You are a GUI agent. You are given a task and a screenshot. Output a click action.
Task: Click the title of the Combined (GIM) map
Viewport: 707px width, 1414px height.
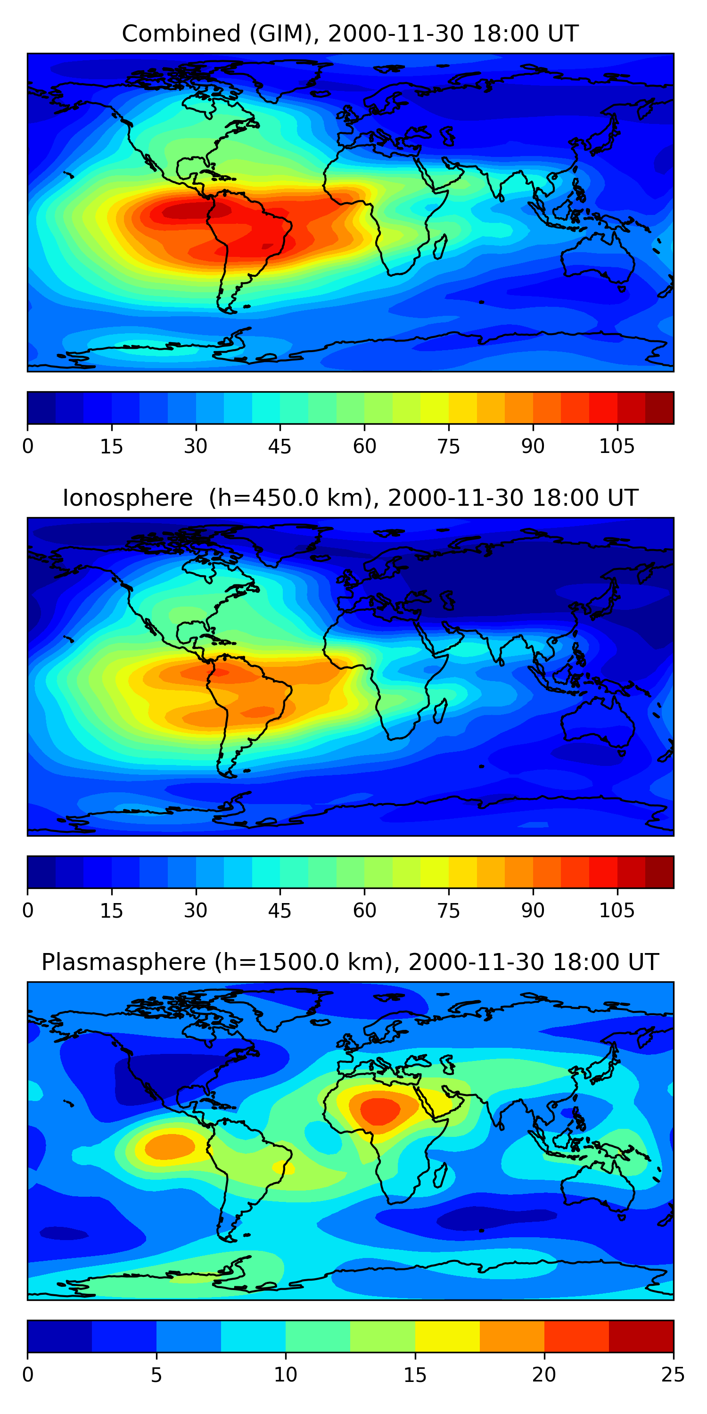(x=350, y=33)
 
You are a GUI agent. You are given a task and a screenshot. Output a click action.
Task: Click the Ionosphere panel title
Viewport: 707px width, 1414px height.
(x=350, y=498)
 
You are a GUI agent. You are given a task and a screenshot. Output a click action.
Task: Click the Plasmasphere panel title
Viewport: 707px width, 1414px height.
(x=350, y=962)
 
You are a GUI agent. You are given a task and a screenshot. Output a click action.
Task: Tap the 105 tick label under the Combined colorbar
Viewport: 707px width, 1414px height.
(x=617, y=446)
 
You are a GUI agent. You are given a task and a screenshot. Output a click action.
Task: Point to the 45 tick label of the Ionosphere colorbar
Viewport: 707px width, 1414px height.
(x=280, y=911)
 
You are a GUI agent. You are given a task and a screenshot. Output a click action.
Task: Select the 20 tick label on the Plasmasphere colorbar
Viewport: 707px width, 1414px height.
(x=544, y=1375)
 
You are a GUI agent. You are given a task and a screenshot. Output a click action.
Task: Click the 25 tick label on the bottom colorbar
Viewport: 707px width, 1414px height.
(x=673, y=1375)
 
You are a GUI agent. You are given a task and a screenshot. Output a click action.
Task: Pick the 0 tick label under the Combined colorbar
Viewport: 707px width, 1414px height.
(x=28, y=446)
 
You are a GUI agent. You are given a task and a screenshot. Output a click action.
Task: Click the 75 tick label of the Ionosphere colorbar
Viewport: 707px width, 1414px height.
(x=448, y=911)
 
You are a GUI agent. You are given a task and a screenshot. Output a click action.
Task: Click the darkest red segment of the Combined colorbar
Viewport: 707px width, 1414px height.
(x=659, y=408)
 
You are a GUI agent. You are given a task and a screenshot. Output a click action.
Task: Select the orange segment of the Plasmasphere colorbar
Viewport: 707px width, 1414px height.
(x=511, y=1336)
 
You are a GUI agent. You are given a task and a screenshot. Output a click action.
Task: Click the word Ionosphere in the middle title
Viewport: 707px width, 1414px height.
(x=127, y=498)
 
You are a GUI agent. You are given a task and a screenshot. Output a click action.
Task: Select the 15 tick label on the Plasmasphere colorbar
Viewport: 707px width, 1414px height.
(x=415, y=1375)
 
